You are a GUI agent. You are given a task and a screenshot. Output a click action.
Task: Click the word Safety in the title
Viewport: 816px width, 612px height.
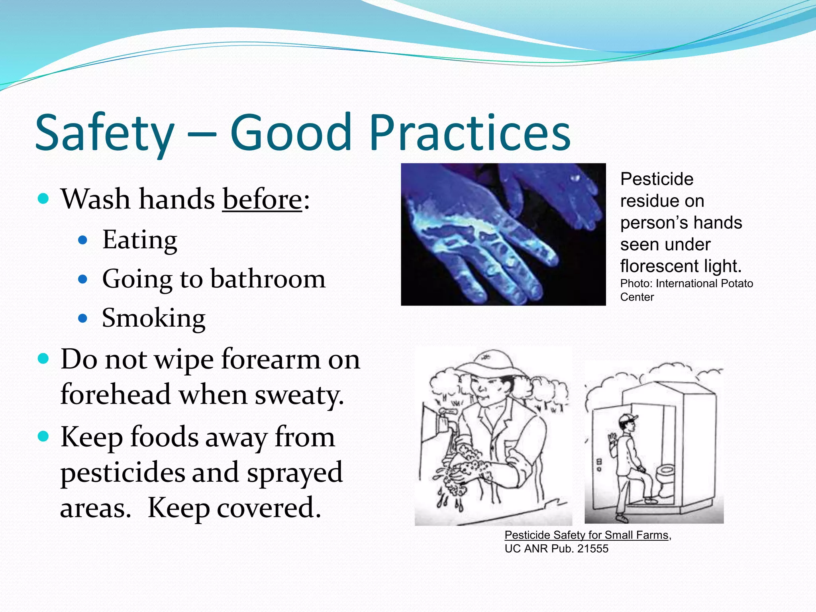104,133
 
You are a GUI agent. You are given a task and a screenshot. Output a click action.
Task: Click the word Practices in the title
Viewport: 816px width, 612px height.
470,133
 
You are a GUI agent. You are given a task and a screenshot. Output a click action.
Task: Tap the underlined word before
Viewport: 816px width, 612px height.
262,199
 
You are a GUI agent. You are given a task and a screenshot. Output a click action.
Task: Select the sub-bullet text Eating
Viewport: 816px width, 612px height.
139,240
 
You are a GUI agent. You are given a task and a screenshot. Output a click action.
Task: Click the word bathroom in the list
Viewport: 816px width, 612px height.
268,279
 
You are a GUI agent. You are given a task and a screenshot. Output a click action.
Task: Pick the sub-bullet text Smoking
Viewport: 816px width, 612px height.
153,318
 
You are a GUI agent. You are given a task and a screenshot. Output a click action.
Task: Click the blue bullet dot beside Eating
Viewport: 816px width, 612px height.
83,240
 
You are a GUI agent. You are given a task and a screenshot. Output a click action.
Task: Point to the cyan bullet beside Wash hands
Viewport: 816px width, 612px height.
43,198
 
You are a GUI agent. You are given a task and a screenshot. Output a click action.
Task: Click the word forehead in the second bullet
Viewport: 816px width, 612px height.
116,394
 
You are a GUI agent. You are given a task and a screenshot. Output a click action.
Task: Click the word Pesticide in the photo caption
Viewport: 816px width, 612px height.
657,179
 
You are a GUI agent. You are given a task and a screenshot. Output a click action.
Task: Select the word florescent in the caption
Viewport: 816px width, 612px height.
653,266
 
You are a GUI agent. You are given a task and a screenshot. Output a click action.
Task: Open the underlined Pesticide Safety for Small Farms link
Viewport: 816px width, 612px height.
586,535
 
